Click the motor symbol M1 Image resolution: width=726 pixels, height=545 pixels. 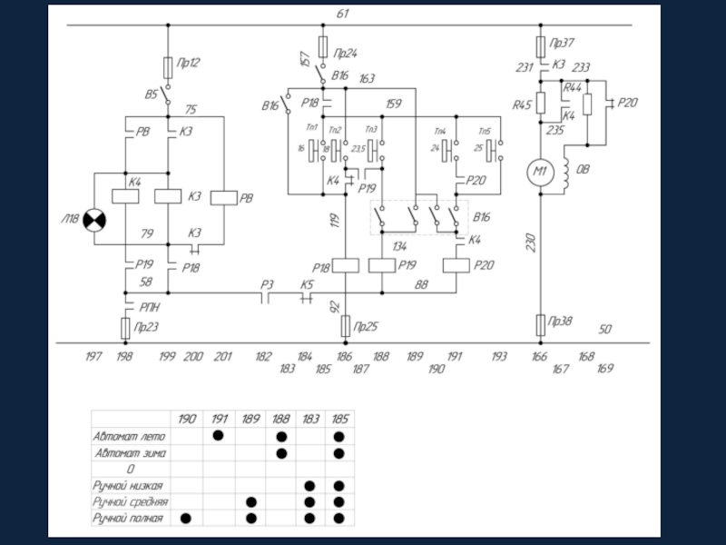[540, 173]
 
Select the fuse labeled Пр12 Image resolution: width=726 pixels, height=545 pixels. [168, 66]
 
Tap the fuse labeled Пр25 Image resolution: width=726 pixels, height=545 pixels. [345, 324]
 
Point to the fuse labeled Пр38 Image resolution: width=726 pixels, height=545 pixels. [540, 322]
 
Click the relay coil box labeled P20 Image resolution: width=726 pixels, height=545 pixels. [456, 265]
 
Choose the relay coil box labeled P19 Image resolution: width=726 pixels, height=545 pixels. [382, 265]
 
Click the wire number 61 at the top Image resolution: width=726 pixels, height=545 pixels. [342, 14]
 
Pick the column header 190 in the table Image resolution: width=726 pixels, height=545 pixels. [187, 420]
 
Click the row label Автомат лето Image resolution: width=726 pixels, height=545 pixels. [130, 437]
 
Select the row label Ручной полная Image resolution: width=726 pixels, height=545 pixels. [128, 518]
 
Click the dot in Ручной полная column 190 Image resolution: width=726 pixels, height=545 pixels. [187, 518]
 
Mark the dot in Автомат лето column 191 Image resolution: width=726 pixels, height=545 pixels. [219, 437]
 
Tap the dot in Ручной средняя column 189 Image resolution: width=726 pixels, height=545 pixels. [250, 501]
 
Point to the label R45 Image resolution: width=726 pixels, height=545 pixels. [522, 105]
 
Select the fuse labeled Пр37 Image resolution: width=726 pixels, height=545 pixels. [540, 45]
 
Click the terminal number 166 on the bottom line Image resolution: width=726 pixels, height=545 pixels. [539, 357]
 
